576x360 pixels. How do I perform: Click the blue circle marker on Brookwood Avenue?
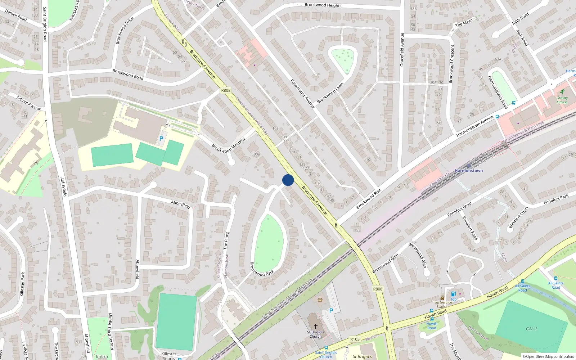tap(288, 180)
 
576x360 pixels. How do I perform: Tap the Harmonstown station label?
tap(469, 171)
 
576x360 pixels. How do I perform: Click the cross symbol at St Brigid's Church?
tap(316, 327)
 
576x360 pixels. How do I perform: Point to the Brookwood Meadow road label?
tap(228, 145)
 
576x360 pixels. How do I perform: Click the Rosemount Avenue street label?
tap(302, 94)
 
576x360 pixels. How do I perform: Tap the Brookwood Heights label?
tap(323, 5)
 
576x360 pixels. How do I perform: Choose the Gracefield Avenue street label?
tap(402, 50)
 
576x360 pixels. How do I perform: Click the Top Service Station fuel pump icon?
tap(454, 294)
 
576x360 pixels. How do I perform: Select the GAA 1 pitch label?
tap(531, 329)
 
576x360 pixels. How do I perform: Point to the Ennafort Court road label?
tap(518, 217)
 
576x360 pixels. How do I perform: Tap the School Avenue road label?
tap(29, 103)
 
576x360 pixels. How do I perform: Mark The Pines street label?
tap(226, 241)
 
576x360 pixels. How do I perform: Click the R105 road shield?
tap(355, 339)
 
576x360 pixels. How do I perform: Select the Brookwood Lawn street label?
tap(330, 93)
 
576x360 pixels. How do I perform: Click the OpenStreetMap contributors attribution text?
tap(548, 356)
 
